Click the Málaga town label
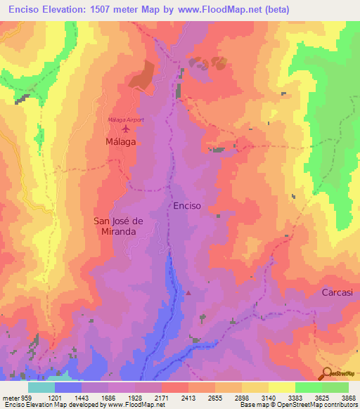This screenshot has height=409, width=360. click(120, 141)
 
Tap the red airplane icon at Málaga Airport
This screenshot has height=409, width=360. click(126, 129)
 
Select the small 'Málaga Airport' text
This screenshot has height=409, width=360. click(126, 119)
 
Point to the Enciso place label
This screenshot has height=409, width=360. click(187, 207)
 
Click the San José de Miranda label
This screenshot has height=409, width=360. click(119, 226)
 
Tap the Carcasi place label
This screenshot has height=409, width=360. click(337, 292)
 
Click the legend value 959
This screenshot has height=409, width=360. click(22, 398)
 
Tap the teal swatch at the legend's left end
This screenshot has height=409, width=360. click(41, 387)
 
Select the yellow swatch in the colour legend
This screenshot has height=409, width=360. click(281, 387)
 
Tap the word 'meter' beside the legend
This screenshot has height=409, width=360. click(8, 398)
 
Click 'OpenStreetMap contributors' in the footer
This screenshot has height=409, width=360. click(322, 405)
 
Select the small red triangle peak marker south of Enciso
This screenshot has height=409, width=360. click(188, 292)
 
